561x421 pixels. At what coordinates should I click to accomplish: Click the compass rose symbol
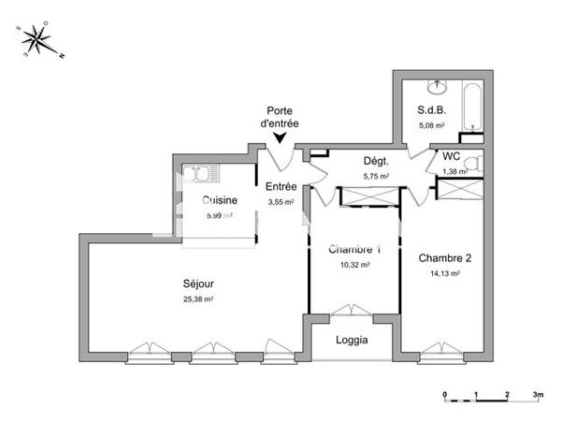click(39, 39)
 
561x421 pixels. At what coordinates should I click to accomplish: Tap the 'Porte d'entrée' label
click(280, 116)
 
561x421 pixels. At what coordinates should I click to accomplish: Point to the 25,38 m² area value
click(198, 299)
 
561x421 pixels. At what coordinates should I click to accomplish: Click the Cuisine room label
click(220, 200)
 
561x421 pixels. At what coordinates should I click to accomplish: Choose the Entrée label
click(280, 187)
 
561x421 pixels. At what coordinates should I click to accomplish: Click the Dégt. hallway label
click(376, 161)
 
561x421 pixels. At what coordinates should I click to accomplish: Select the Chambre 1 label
click(354, 250)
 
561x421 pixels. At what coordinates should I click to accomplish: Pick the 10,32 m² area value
click(354, 265)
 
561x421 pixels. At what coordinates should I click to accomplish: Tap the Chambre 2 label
click(445, 258)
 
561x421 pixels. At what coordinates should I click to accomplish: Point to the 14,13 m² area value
click(445, 273)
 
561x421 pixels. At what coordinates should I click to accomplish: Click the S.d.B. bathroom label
click(432, 110)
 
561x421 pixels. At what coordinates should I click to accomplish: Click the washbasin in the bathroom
click(437, 88)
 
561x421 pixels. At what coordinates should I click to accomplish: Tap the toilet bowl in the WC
click(472, 166)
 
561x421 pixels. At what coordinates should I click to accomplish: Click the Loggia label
click(352, 341)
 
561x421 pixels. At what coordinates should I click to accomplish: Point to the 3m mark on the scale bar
click(537, 395)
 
